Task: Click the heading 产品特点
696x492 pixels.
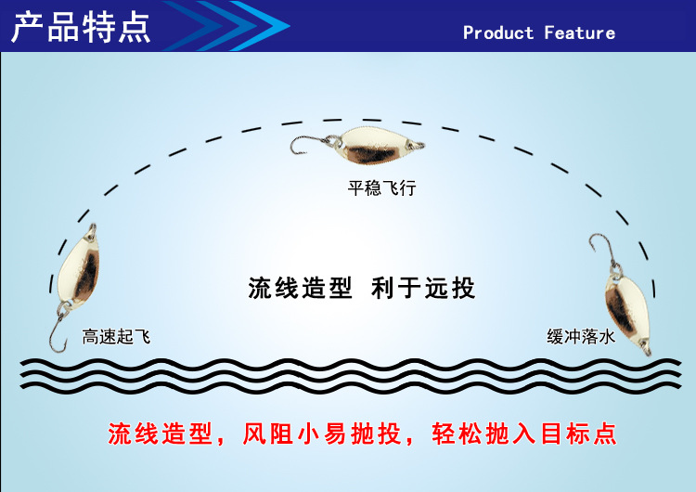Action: coord(81,27)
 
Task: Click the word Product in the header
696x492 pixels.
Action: coord(499,32)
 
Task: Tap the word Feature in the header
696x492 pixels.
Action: coord(580,32)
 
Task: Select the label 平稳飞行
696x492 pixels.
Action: coord(381,188)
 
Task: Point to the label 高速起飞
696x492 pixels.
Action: coord(116,337)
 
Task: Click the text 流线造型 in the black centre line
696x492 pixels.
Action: coord(300,288)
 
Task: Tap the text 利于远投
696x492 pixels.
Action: coord(423,288)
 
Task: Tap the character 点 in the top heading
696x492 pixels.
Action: coord(133,27)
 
